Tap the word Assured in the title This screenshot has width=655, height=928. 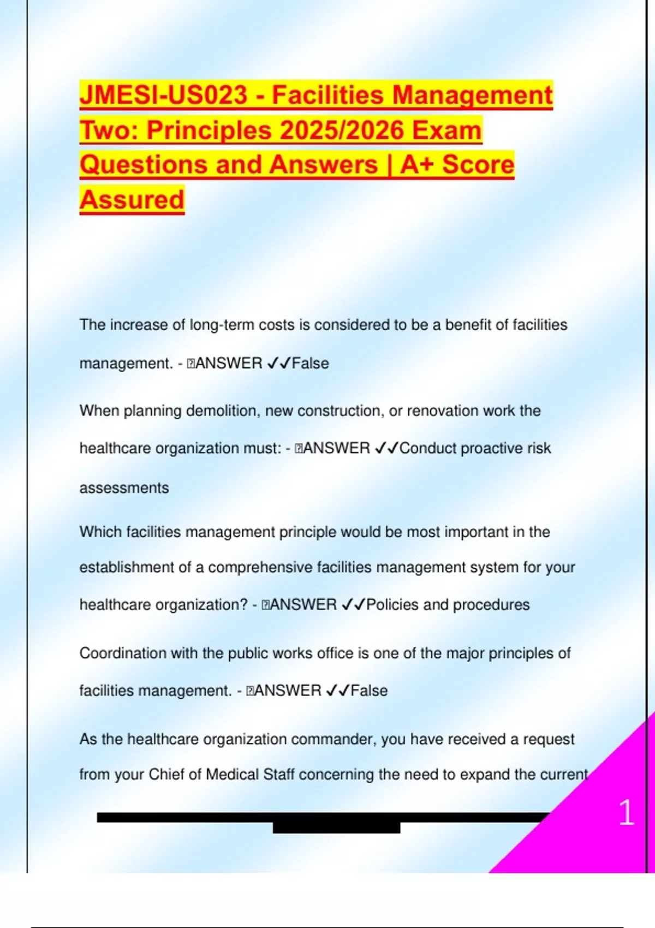[x=132, y=199]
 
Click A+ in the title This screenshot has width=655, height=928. [x=416, y=165]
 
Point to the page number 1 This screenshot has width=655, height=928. [x=626, y=813]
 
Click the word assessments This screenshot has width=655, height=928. [x=124, y=487]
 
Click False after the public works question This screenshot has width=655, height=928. [x=369, y=691]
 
